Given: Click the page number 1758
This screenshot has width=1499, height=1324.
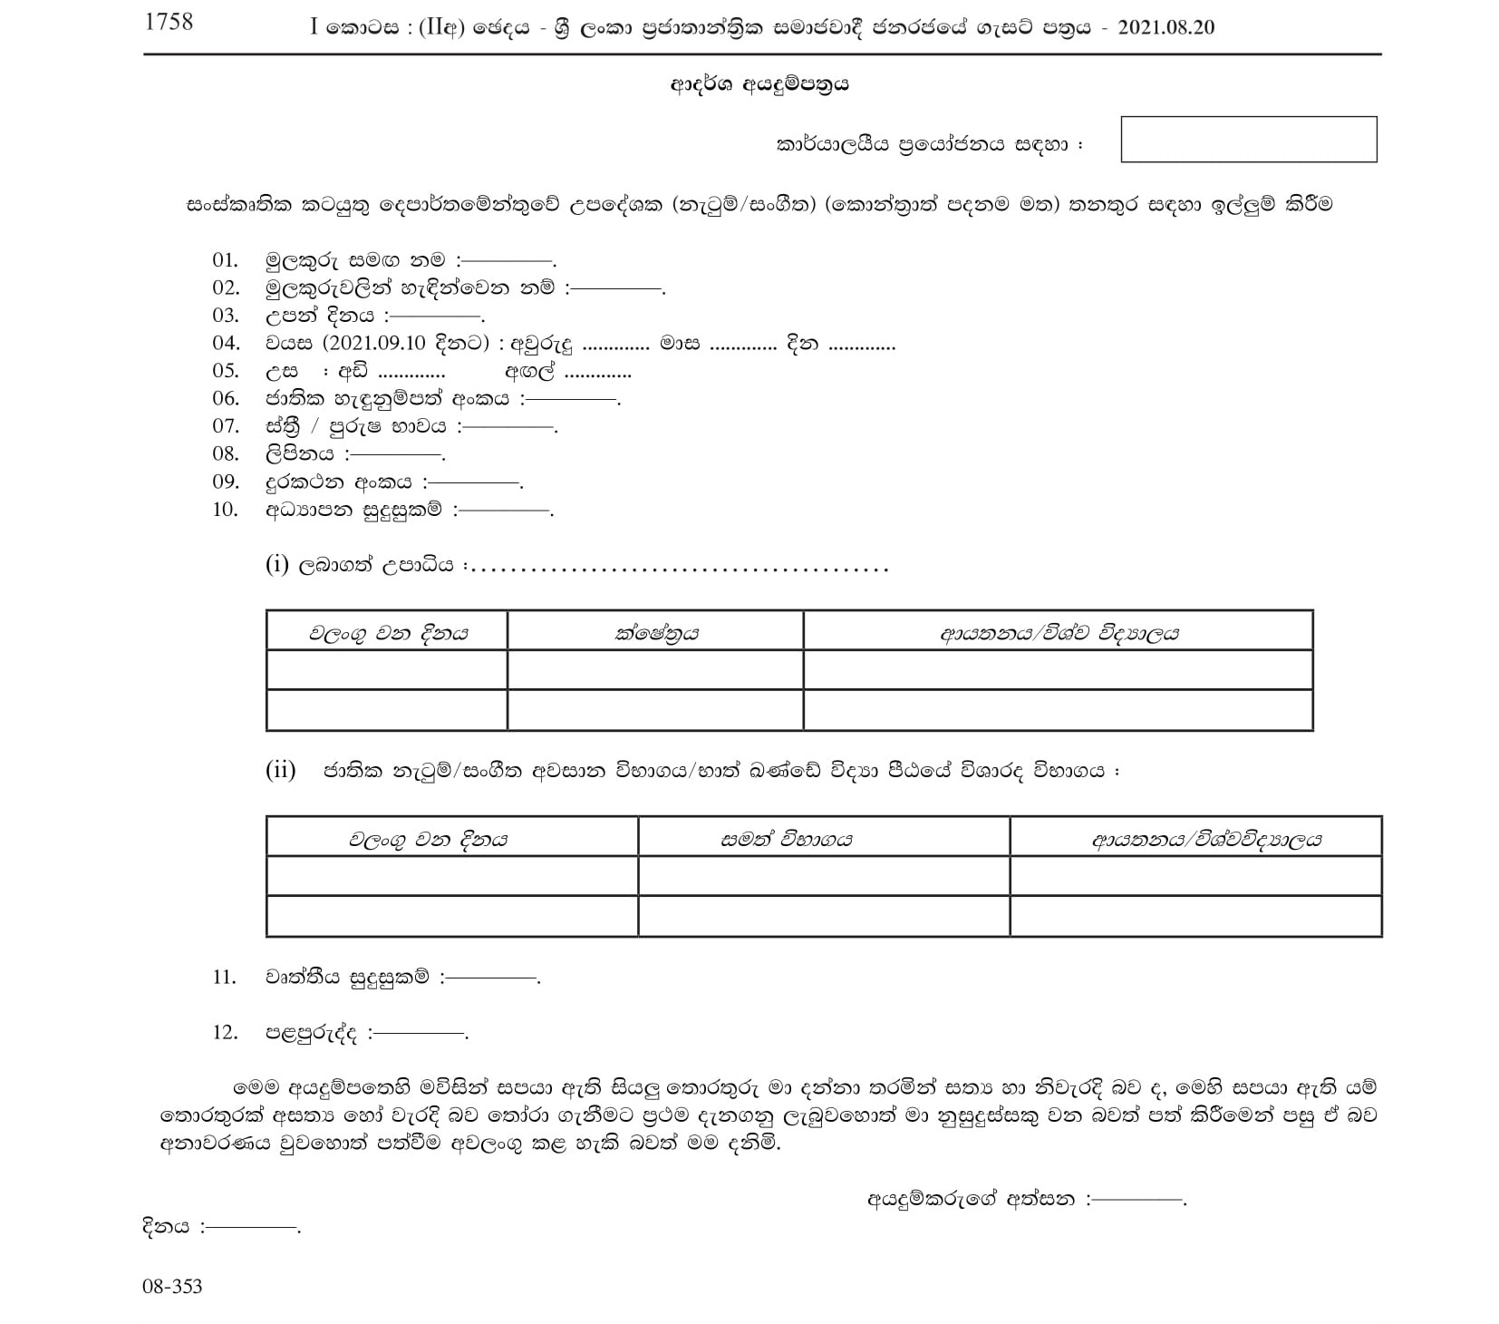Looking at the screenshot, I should [169, 22].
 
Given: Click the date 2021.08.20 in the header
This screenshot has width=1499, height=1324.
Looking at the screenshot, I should [1166, 27].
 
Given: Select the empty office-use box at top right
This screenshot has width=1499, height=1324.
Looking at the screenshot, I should [1248, 140].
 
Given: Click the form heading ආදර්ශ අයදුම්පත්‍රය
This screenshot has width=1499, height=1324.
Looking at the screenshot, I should [759, 84].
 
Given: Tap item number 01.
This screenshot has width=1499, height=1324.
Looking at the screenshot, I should [225, 260].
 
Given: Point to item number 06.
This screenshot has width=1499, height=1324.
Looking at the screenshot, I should [225, 398].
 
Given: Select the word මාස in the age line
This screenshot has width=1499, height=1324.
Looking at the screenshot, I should [680, 344].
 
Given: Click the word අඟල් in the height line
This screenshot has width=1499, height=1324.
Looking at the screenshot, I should [530, 372].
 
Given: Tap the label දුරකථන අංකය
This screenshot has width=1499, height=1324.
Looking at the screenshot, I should [339, 482].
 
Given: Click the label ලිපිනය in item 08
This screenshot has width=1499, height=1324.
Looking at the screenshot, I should [299, 454].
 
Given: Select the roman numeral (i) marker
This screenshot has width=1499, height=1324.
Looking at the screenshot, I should [276, 565].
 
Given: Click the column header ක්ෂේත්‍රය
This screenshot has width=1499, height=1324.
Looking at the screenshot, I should [655, 633].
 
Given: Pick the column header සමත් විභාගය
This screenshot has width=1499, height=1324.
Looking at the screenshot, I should [786, 839].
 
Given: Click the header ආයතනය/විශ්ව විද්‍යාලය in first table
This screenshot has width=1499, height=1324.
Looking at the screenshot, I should [1059, 633].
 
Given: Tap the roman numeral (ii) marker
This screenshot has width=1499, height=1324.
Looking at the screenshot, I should [280, 770].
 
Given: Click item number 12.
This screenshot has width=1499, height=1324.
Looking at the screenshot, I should [225, 1032].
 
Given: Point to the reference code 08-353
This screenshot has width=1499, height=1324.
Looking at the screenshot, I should [172, 1286].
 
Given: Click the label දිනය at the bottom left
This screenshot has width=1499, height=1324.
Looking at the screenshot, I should [166, 1226].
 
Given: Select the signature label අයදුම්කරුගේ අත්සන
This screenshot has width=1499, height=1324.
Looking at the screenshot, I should [971, 1199].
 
